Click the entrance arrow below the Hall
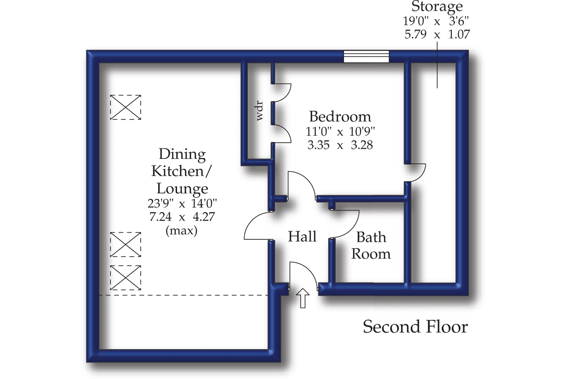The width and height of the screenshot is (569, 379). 303,298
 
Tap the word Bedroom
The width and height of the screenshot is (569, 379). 340,117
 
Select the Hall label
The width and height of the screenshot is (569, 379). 302,236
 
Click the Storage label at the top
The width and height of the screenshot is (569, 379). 437,6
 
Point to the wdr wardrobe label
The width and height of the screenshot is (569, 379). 260,111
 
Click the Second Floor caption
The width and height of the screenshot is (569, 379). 415,327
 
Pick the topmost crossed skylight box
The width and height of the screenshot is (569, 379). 126,107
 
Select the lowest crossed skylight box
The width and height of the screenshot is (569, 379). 126,278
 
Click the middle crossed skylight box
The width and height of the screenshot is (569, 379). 126,244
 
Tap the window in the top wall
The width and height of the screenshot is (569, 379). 366,56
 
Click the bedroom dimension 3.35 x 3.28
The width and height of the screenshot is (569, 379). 340,145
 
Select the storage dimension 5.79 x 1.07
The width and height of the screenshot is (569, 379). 437,35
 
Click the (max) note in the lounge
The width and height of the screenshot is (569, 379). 181,230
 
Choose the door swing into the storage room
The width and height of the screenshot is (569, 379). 416,173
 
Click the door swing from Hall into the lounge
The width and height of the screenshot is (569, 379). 257,226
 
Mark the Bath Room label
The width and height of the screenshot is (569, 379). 371,246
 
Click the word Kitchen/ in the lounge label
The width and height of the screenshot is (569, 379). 181,171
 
